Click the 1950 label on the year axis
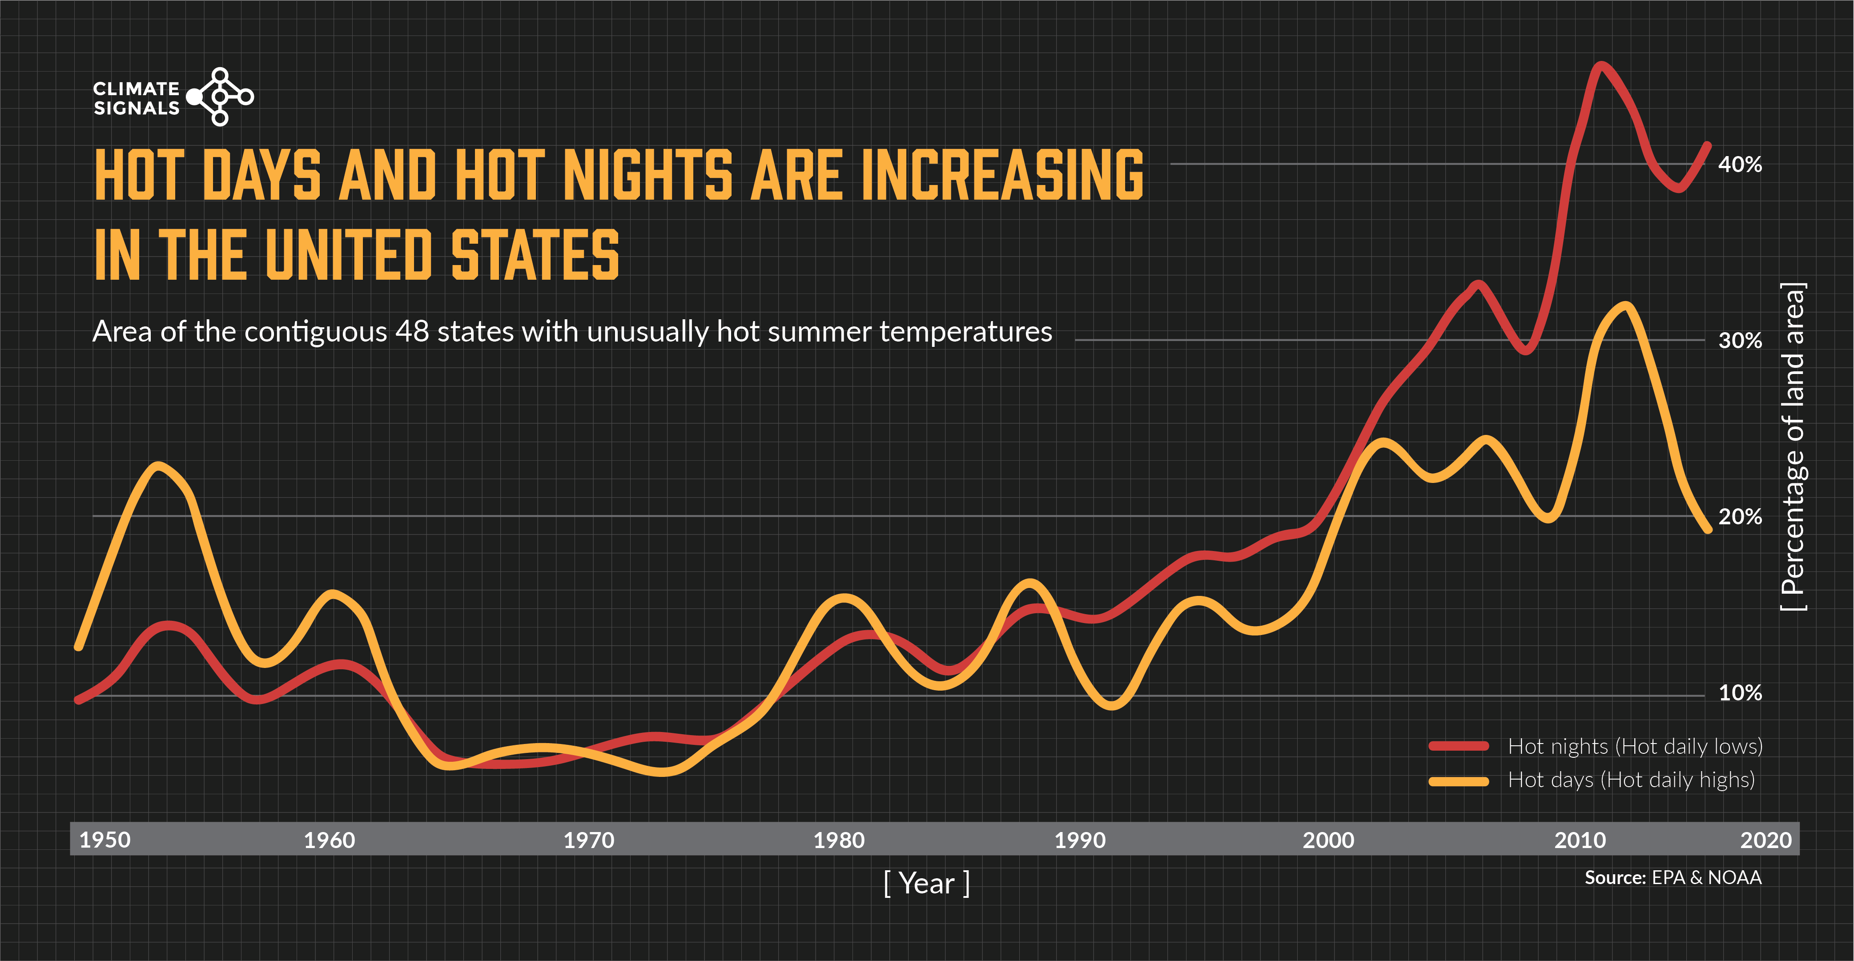[x=105, y=840]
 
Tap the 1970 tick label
[x=589, y=840]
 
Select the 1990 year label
[x=1080, y=840]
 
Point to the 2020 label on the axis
[x=1766, y=840]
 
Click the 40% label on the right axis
[x=1740, y=165]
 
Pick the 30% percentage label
[x=1740, y=341]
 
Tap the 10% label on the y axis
[x=1740, y=693]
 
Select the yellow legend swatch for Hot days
[x=1458, y=781]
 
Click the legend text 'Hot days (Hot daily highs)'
[x=1631, y=780]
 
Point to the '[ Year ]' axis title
[x=927, y=883]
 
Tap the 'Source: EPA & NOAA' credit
[x=1673, y=877]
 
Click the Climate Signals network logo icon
[x=220, y=97]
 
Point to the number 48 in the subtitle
[x=412, y=332]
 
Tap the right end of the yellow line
[x=1707, y=529]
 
